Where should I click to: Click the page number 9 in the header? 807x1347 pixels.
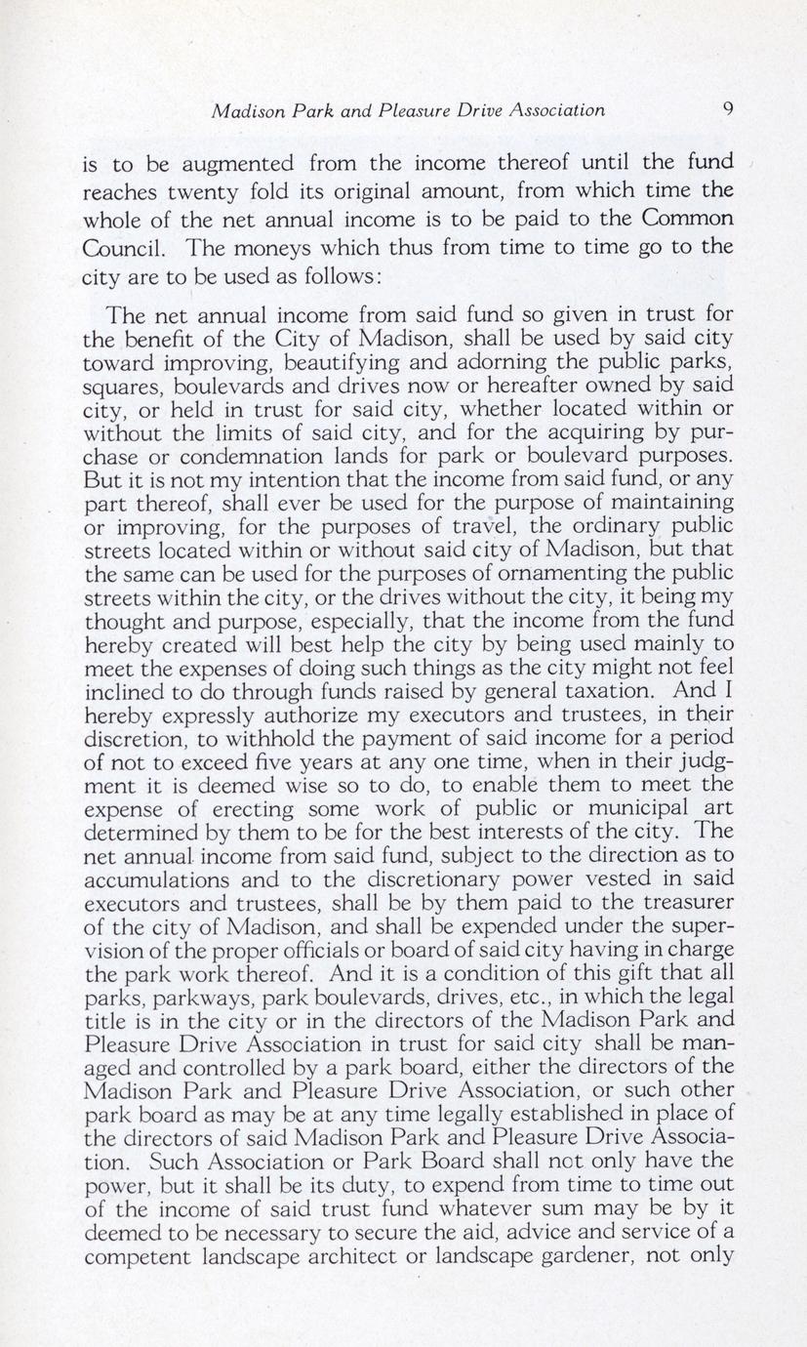coord(728,109)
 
